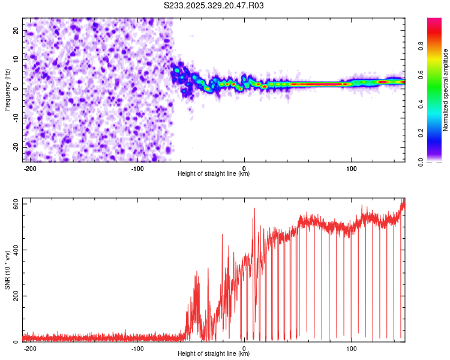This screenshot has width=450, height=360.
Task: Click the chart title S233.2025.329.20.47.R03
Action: point(214,6)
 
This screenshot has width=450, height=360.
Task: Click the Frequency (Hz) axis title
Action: point(7,89)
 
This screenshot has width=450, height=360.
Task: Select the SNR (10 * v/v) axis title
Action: point(7,269)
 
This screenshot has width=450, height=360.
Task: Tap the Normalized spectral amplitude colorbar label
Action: point(446,89)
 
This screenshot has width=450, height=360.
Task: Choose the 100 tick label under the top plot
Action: point(351,169)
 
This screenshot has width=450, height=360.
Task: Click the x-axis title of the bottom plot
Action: point(214,354)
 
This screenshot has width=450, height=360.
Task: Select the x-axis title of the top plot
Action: point(214,174)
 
